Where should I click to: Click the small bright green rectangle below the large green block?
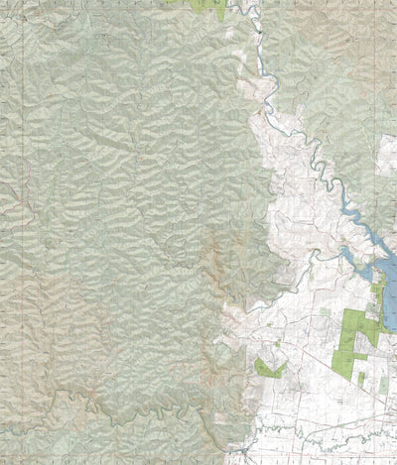pyautogui.click(x=361, y=378)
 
